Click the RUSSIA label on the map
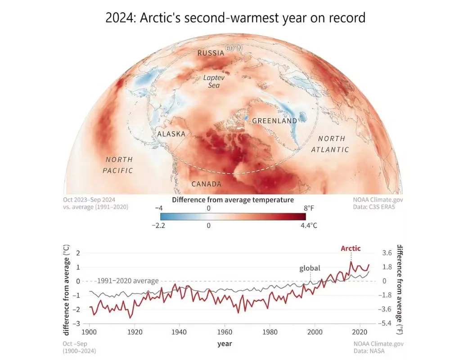point(211,53)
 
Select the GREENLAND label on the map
point(274,121)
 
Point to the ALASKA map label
point(171,134)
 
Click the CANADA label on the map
point(207,184)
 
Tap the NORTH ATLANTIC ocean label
point(330,144)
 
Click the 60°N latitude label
point(234,48)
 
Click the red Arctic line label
point(351,248)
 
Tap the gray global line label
point(310,268)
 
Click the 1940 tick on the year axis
point(180,332)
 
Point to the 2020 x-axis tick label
point(360,332)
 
